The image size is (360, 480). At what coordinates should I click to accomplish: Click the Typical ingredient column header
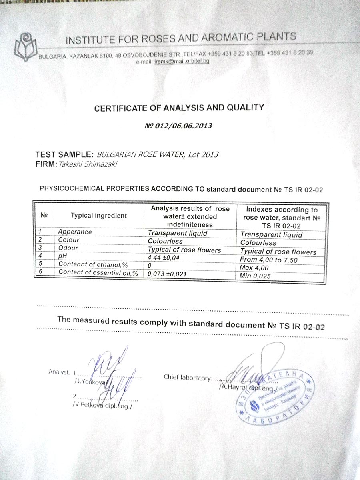click(x=99, y=216)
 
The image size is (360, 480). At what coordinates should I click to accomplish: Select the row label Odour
click(x=68, y=248)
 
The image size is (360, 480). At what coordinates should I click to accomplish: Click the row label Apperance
click(x=75, y=232)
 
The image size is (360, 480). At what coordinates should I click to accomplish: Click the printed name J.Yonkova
click(x=90, y=382)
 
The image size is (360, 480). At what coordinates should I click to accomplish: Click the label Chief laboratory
click(x=187, y=377)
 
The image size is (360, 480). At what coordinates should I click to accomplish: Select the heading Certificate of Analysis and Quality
click(x=179, y=108)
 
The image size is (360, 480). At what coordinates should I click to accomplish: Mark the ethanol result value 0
click(x=149, y=266)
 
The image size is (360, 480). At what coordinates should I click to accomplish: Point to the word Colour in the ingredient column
click(x=69, y=240)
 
